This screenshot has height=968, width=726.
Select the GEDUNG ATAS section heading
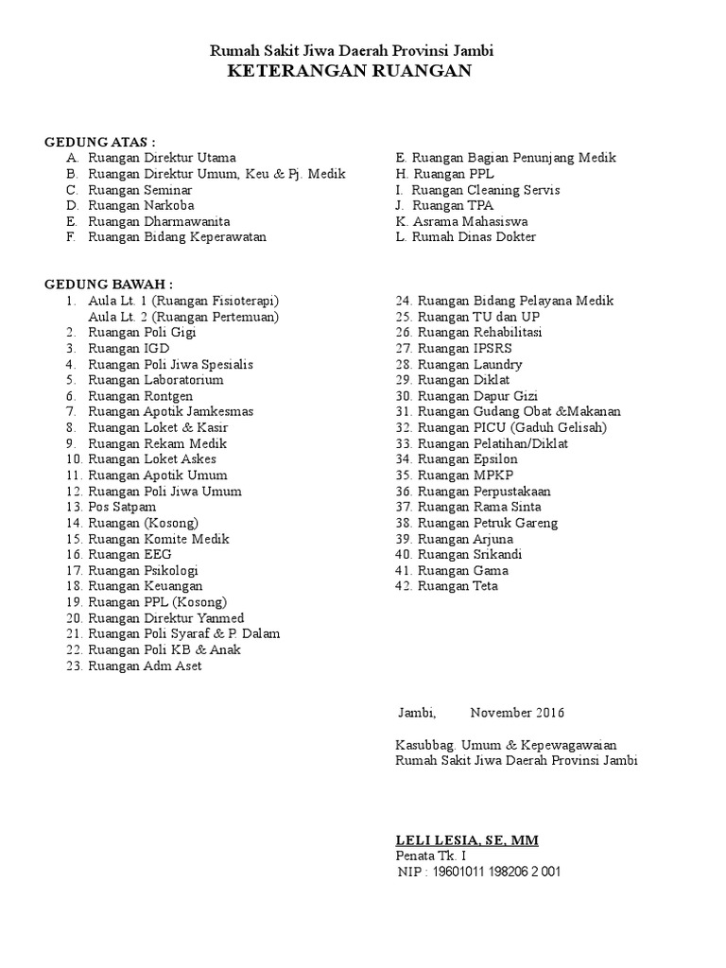[x=100, y=142]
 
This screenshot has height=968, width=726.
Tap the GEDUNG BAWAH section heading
[x=109, y=285]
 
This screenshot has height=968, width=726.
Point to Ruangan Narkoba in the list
[x=141, y=205]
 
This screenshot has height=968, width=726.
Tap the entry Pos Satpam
[x=122, y=508]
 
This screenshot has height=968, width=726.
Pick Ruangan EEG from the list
[x=130, y=555]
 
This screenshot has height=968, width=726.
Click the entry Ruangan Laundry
[x=470, y=365]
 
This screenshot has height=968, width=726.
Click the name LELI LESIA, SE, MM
[x=467, y=840]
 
